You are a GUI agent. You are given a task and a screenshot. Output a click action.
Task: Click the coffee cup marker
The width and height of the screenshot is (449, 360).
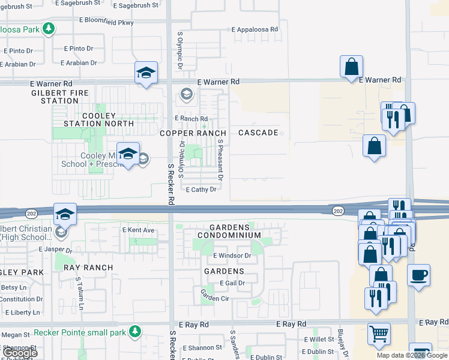[418, 275]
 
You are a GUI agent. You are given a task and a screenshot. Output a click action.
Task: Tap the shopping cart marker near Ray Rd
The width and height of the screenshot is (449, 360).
[379, 334]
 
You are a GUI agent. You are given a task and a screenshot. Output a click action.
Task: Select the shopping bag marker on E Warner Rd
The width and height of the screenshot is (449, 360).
[351, 67]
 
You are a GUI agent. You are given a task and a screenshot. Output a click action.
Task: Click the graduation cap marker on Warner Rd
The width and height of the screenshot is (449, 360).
[146, 73]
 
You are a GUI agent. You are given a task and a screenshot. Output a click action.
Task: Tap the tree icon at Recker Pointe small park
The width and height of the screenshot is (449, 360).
[136, 332]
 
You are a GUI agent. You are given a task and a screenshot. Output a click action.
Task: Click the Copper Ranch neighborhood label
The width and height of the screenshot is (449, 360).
[193, 133]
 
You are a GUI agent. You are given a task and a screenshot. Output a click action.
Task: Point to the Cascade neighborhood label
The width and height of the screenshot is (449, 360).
[258, 132]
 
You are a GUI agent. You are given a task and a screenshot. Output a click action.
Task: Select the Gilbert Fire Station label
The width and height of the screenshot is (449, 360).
[59, 97]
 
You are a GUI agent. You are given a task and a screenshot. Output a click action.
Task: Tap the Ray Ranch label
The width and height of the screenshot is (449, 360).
[87, 268]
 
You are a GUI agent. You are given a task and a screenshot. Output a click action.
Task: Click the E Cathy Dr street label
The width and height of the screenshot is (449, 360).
[200, 190]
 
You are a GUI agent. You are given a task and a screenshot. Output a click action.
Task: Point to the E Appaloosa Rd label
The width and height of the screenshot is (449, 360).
[255, 29]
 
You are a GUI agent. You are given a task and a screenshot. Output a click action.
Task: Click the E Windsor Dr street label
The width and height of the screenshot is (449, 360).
[232, 256]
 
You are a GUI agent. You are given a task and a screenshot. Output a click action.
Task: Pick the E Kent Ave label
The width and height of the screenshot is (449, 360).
[139, 230]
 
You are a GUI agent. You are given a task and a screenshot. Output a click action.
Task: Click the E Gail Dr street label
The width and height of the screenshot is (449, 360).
[232, 283]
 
